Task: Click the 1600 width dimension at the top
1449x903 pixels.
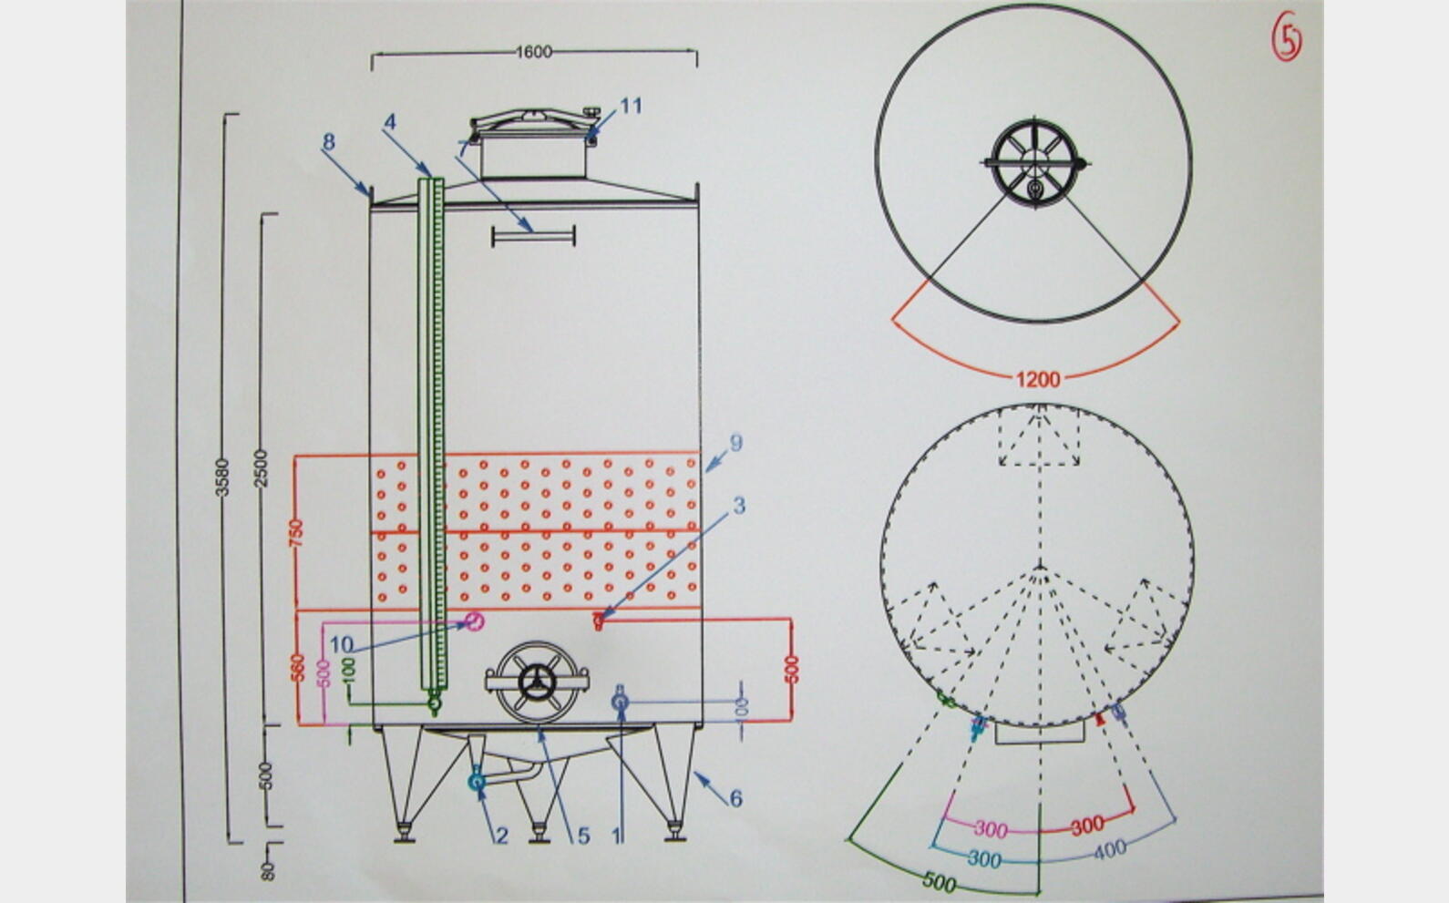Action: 534,52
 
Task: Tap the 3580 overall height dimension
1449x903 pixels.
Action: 221,477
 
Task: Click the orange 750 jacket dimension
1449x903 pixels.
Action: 296,533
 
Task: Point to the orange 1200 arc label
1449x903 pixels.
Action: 1038,379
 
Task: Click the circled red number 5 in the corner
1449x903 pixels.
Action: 1287,36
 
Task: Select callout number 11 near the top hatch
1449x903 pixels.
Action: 631,106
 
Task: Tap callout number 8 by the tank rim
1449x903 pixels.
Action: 329,141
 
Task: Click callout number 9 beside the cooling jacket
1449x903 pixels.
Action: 735,443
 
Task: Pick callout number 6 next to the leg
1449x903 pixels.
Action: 735,798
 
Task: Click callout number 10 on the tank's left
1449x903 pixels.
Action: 342,644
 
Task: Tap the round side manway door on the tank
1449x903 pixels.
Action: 537,682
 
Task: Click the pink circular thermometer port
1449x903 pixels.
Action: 474,621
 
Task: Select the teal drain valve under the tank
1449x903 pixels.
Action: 477,781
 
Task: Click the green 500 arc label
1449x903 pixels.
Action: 939,880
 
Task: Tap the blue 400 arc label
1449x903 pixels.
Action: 1109,849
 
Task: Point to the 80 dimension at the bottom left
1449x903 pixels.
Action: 268,871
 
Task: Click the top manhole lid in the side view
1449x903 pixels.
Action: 534,125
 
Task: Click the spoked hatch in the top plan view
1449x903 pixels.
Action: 1035,163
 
